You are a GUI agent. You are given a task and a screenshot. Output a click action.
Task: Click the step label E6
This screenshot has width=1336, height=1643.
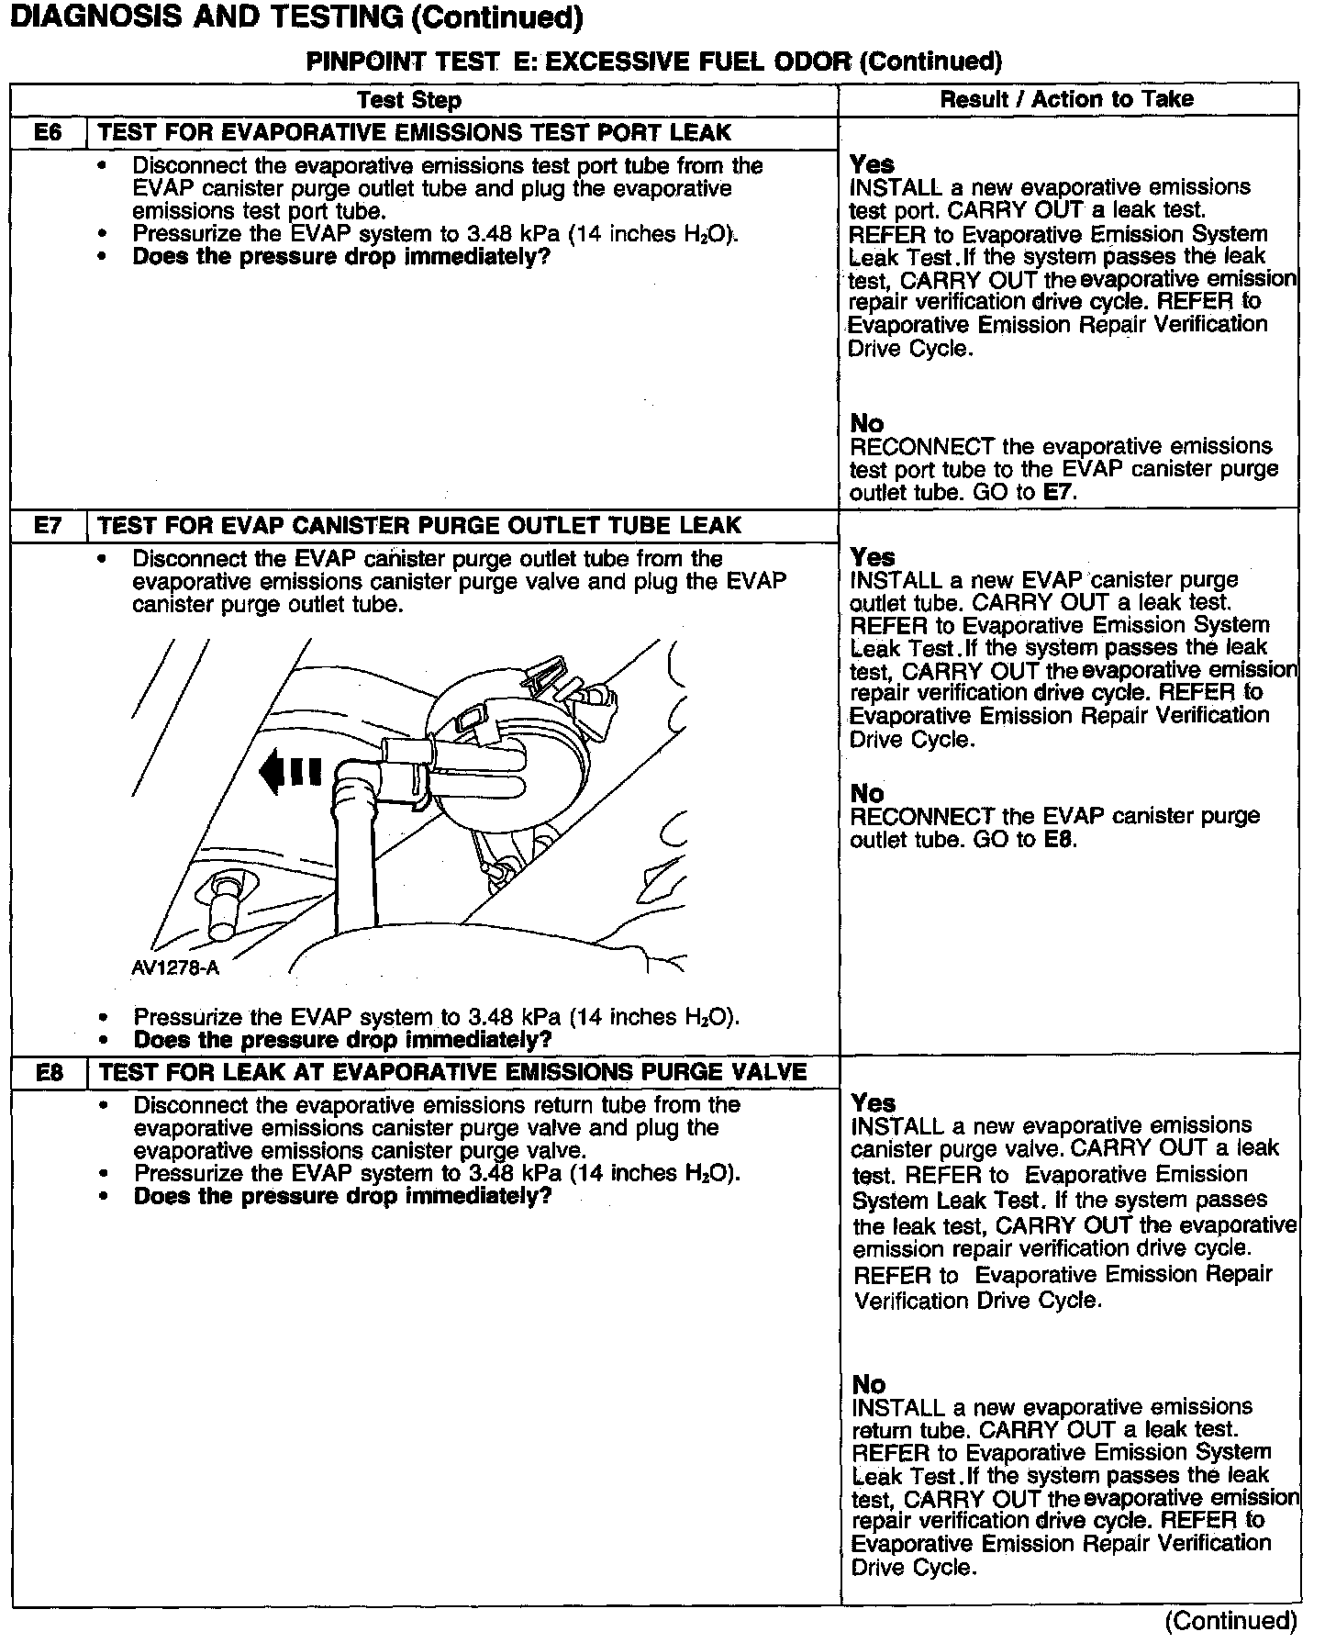(48, 133)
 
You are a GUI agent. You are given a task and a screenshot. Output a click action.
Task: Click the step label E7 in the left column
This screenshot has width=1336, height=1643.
(48, 526)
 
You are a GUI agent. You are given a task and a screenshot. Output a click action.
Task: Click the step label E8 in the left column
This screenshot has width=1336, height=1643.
(48, 1072)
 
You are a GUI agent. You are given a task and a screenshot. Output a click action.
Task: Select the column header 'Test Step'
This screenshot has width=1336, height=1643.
(409, 100)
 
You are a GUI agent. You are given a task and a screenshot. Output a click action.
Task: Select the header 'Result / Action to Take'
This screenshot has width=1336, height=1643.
(1067, 99)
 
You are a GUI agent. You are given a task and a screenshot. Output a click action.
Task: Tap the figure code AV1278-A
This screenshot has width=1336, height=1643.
(175, 968)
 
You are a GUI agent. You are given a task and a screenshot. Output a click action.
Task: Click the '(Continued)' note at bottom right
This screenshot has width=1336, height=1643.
(1230, 1621)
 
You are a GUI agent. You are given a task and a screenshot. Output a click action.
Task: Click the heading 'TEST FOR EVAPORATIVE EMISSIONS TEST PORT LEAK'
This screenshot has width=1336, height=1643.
(415, 133)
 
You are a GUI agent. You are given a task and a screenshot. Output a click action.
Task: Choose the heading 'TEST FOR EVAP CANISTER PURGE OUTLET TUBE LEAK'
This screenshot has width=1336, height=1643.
(419, 526)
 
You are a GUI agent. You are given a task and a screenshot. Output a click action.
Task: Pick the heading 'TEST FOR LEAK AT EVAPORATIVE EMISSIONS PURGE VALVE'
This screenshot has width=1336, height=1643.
(452, 1072)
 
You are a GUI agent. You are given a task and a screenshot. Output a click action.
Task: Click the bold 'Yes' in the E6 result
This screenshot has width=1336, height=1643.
(872, 164)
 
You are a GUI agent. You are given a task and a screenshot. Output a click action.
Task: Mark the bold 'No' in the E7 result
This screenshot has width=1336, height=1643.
(867, 793)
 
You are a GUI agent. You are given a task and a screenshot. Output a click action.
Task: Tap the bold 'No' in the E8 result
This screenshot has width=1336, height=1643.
(869, 1384)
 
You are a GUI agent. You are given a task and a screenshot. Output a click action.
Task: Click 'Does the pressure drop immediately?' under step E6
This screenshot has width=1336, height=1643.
(341, 257)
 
